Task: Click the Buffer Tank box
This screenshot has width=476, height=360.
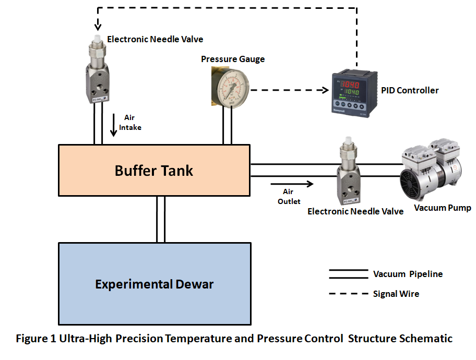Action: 154,171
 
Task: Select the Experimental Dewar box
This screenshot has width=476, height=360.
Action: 154,284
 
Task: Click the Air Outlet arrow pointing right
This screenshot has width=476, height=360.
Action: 292,184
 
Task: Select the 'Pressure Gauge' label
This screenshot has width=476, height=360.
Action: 233,59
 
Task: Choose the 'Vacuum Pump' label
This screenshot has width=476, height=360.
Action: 443,208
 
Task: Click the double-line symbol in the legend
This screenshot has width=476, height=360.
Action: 348,274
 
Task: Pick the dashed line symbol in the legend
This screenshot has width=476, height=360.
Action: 348,294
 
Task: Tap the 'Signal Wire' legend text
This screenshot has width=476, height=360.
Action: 396,294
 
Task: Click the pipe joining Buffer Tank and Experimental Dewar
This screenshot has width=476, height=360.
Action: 161,220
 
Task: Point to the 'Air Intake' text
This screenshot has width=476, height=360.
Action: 130,123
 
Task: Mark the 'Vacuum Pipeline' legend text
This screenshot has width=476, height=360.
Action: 408,274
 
